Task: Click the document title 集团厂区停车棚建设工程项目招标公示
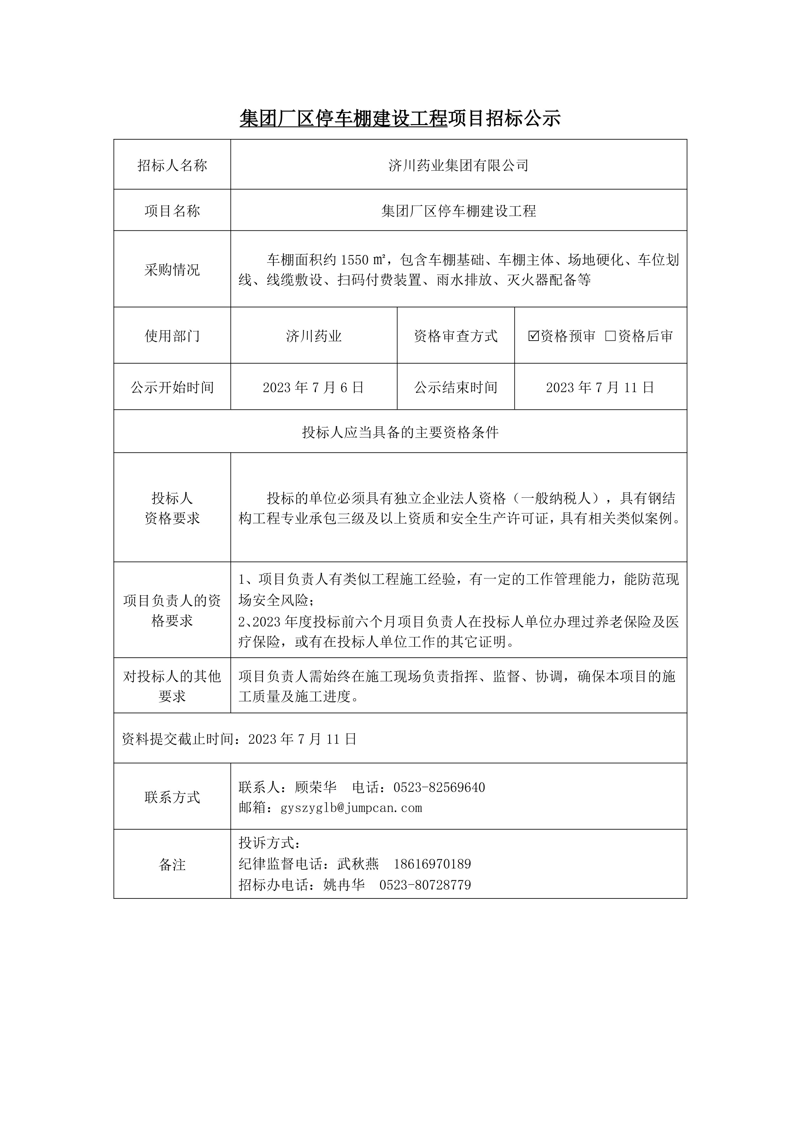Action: tap(400, 119)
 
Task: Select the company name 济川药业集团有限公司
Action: tap(459, 165)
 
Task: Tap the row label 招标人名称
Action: tap(172, 165)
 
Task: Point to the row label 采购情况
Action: tap(172, 270)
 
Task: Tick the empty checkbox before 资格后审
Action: tap(610, 336)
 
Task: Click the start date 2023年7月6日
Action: tap(313, 387)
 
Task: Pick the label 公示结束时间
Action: tap(455, 387)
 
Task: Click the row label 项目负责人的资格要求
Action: tap(172, 610)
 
